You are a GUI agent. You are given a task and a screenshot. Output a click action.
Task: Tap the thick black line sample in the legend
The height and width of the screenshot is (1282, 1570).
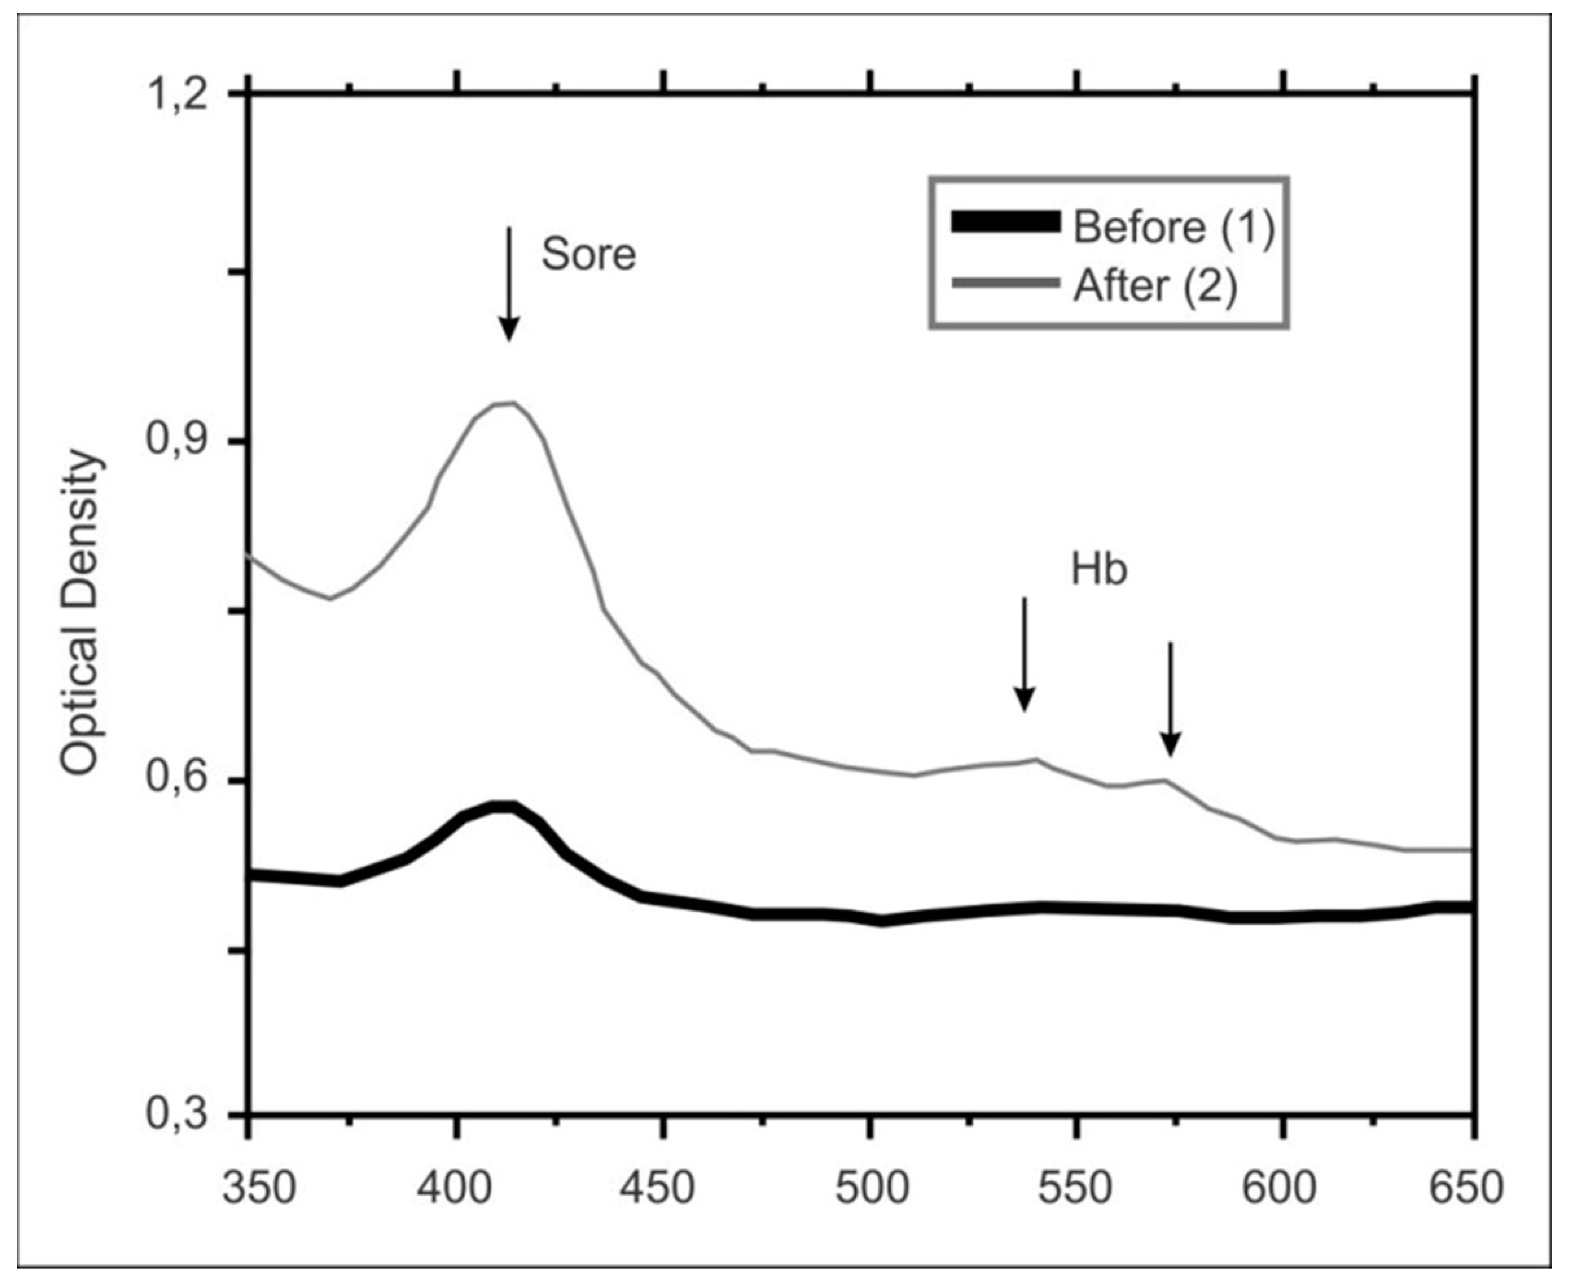1006,222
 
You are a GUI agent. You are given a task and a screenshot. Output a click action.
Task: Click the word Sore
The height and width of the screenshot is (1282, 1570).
589,255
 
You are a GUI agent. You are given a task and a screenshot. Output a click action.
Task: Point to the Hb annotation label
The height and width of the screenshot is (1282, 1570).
1099,571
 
